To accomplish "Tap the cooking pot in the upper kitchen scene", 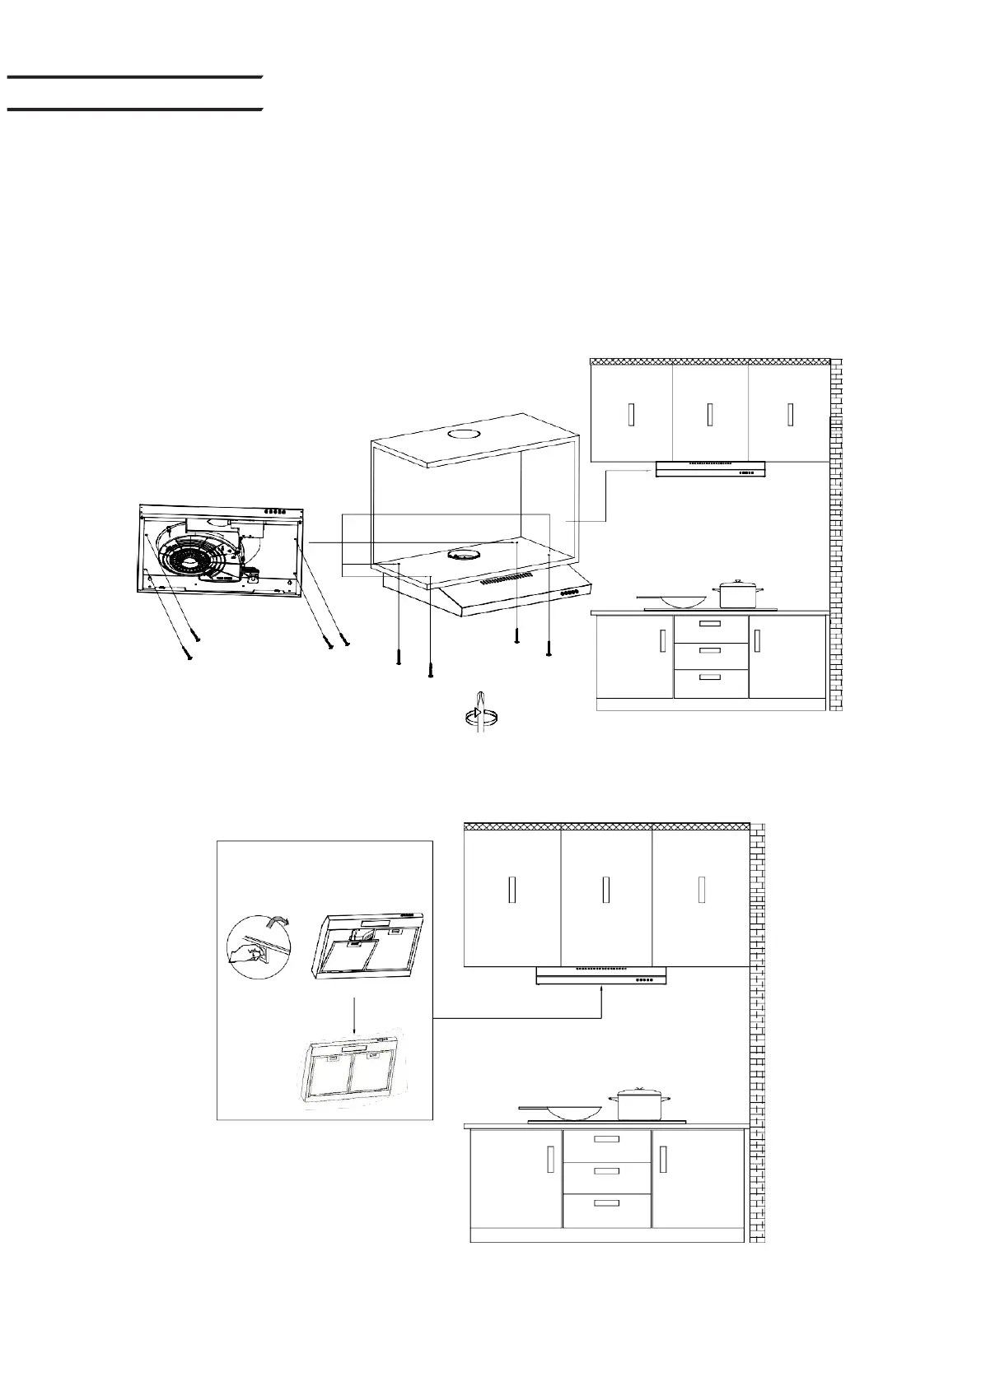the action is tap(738, 594).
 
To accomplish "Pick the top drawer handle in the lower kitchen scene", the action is tap(606, 1139).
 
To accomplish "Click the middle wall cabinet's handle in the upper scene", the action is tap(709, 415).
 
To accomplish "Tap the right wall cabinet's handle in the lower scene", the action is tap(701, 890).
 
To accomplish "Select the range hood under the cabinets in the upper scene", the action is tap(711, 469).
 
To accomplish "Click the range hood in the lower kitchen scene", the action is tap(601, 976).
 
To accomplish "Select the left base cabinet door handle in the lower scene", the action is tap(549, 1159).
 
